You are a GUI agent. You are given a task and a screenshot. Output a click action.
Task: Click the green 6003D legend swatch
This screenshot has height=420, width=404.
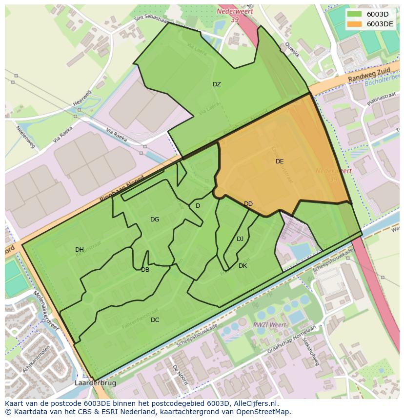tap(355, 14)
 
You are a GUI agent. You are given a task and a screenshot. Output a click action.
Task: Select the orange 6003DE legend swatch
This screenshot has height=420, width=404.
tap(355, 24)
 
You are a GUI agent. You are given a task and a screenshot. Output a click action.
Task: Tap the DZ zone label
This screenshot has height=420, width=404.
tap(217, 84)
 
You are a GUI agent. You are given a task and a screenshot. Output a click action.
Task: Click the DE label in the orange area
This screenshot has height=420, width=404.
tap(280, 161)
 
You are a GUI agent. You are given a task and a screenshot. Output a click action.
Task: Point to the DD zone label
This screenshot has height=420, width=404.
tap(248, 204)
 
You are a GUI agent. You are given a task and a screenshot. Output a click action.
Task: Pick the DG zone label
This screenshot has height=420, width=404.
tap(155, 220)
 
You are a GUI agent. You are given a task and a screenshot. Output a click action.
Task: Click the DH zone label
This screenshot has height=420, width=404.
tap(80, 250)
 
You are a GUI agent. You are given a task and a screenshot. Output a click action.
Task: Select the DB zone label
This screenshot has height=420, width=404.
tap(145, 270)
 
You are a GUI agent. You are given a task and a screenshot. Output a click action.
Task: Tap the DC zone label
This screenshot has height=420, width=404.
tap(155, 320)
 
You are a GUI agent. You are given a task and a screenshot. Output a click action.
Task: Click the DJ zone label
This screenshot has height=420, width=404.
tap(240, 239)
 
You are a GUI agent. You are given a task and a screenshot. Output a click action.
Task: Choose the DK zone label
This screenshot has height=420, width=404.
tap(242, 266)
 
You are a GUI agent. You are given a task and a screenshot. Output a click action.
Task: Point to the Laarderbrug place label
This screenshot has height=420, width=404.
tap(96, 383)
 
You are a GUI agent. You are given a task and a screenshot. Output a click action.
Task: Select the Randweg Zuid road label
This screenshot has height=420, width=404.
tap(366, 75)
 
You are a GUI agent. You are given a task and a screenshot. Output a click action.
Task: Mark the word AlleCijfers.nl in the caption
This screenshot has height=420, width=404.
tap(255, 403)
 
